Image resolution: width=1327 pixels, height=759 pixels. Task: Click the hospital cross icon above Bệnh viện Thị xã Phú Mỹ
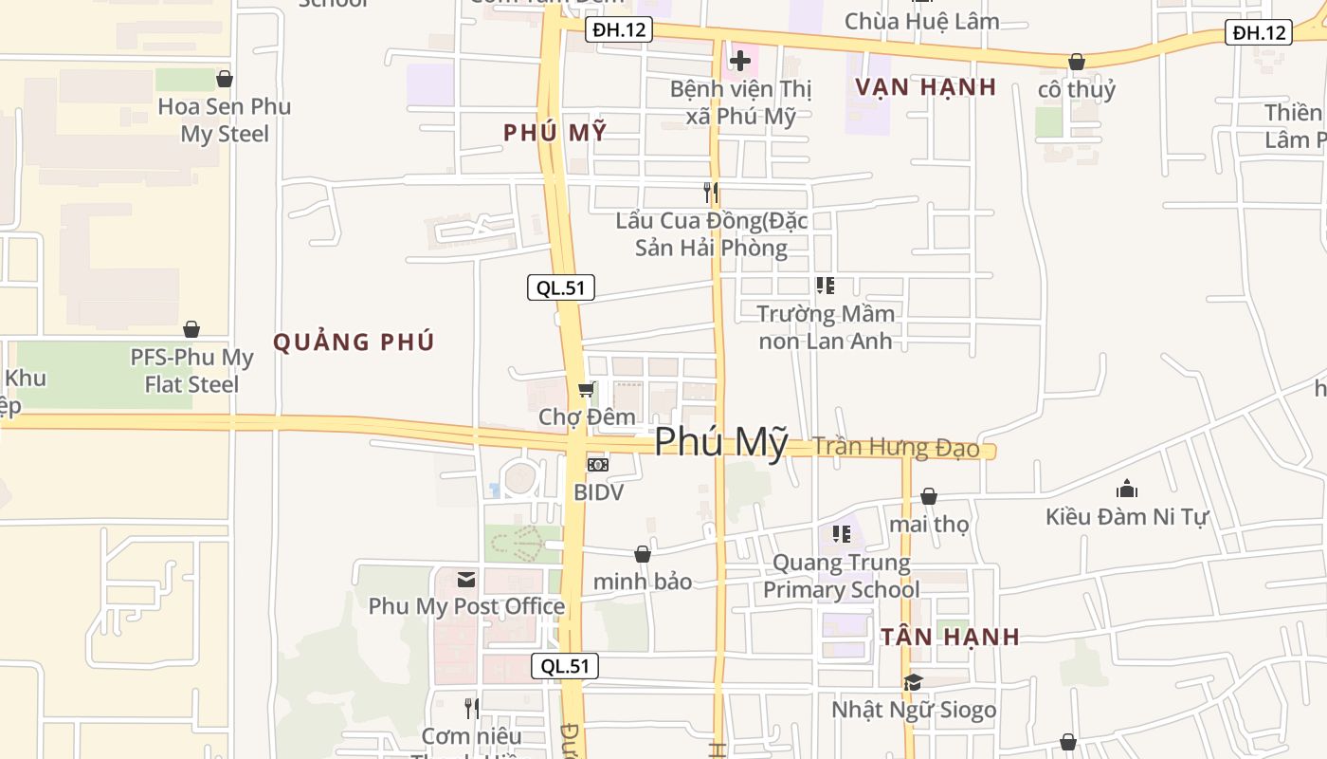click(x=740, y=62)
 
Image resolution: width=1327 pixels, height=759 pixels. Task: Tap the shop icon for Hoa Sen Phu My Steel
click(x=225, y=79)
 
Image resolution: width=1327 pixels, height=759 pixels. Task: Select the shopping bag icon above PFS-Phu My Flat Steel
click(x=191, y=329)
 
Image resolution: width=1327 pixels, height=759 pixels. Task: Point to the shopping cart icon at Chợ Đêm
click(x=587, y=390)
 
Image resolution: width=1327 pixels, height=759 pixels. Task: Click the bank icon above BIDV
click(x=598, y=465)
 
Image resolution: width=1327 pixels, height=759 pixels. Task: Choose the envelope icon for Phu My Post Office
click(x=466, y=579)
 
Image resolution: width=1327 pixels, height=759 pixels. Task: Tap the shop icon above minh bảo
click(x=643, y=554)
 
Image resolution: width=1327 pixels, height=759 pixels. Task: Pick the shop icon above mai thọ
click(x=929, y=496)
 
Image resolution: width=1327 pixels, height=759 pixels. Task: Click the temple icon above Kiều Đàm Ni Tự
click(x=1127, y=490)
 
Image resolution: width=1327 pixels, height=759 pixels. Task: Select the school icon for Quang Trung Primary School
click(x=841, y=535)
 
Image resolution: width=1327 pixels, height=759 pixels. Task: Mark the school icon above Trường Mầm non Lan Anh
click(x=826, y=285)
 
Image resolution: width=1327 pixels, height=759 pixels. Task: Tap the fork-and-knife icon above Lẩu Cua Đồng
click(x=711, y=194)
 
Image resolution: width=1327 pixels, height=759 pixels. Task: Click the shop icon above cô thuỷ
click(x=1077, y=63)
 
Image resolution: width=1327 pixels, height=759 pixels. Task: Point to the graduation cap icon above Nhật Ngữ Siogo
click(x=913, y=682)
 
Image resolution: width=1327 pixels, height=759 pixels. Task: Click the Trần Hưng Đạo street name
click(x=896, y=447)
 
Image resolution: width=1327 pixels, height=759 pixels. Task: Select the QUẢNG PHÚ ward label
click(x=354, y=342)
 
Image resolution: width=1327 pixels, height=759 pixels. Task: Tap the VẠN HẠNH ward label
click(x=925, y=87)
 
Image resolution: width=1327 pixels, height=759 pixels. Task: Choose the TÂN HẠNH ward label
click(x=950, y=638)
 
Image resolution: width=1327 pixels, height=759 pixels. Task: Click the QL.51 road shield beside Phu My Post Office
click(x=565, y=666)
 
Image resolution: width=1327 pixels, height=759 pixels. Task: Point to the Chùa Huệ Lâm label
click(x=921, y=21)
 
